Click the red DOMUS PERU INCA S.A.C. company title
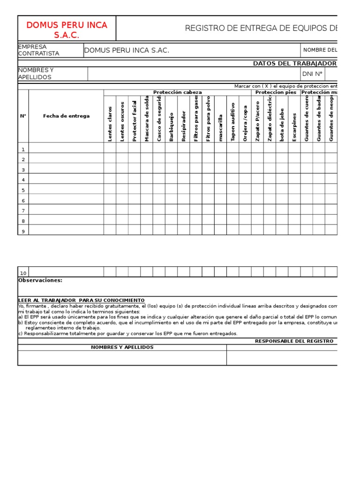point(67,30)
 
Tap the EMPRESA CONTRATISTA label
point(38,50)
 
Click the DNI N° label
point(313,74)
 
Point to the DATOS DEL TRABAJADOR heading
point(294,63)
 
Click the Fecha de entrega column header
point(66,116)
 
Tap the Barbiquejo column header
point(171,126)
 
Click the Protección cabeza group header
point(178,92)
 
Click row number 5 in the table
point(22,190)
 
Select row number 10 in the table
point(23,273)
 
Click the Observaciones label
point(40,280)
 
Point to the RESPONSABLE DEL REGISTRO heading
point(294,341)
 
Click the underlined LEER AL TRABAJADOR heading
point(81,300)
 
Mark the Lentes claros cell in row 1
point(110,149)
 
